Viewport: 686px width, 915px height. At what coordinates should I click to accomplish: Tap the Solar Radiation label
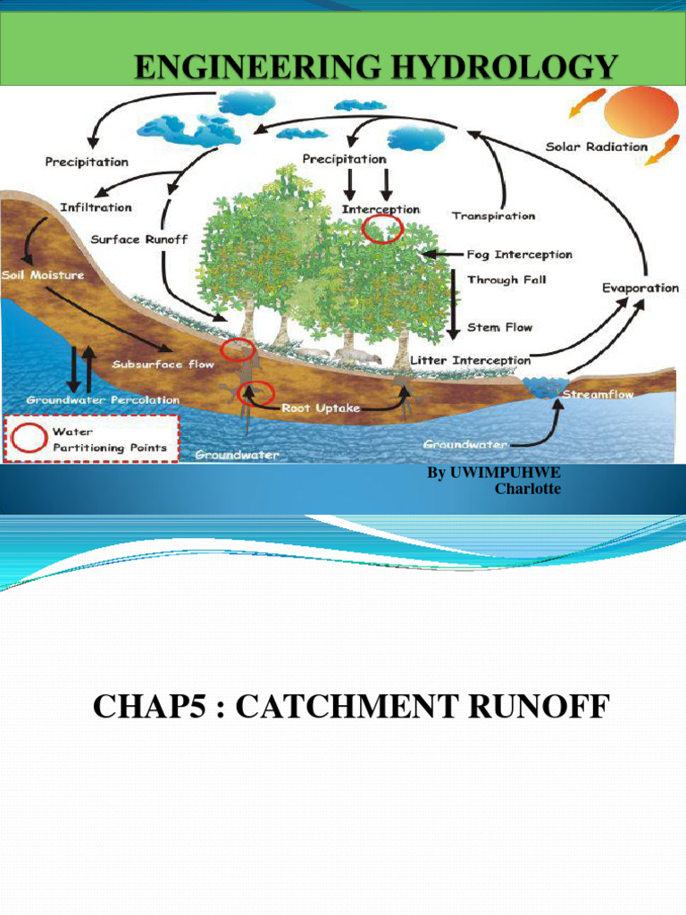tap(597, 147)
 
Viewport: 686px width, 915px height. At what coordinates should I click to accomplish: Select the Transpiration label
tap(493, 216)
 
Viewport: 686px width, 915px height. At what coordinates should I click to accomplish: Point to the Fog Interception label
tap(520, 255)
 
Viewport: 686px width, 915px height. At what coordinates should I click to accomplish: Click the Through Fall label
tap(506, 280)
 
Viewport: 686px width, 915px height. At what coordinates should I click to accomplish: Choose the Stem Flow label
tap(499, 327)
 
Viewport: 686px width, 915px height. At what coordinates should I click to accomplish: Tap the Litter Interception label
tap(470, 360)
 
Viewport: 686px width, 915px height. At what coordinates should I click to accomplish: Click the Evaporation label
tap(640, 288)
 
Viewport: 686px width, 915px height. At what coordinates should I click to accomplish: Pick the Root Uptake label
tap(321, 407)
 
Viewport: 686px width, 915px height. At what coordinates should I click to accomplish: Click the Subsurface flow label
tap(163, 365)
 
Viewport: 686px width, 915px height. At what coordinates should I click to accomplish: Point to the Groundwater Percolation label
tap(103, 399)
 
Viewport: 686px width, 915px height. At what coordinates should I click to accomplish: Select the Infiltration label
tap(96, 207)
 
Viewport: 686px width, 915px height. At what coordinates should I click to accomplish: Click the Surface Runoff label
tap(139, 239)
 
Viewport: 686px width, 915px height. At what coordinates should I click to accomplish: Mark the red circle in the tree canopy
tap(384, 230)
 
